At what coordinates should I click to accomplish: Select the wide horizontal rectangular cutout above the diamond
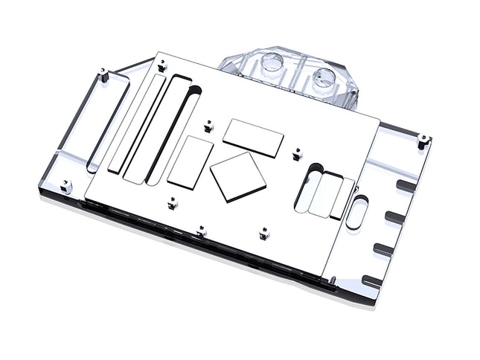[x=254, y=138]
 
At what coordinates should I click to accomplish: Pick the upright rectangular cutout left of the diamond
[x=191, y=161]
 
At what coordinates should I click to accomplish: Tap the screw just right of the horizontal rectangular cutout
[x=298, y=152]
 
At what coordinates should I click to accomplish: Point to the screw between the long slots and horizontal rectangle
[x=207, y=120]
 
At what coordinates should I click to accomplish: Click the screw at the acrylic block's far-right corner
[x=423, y=138]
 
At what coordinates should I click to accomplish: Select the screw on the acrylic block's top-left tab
[x=104, y=75]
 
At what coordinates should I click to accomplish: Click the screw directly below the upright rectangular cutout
[x=173, y=201]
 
